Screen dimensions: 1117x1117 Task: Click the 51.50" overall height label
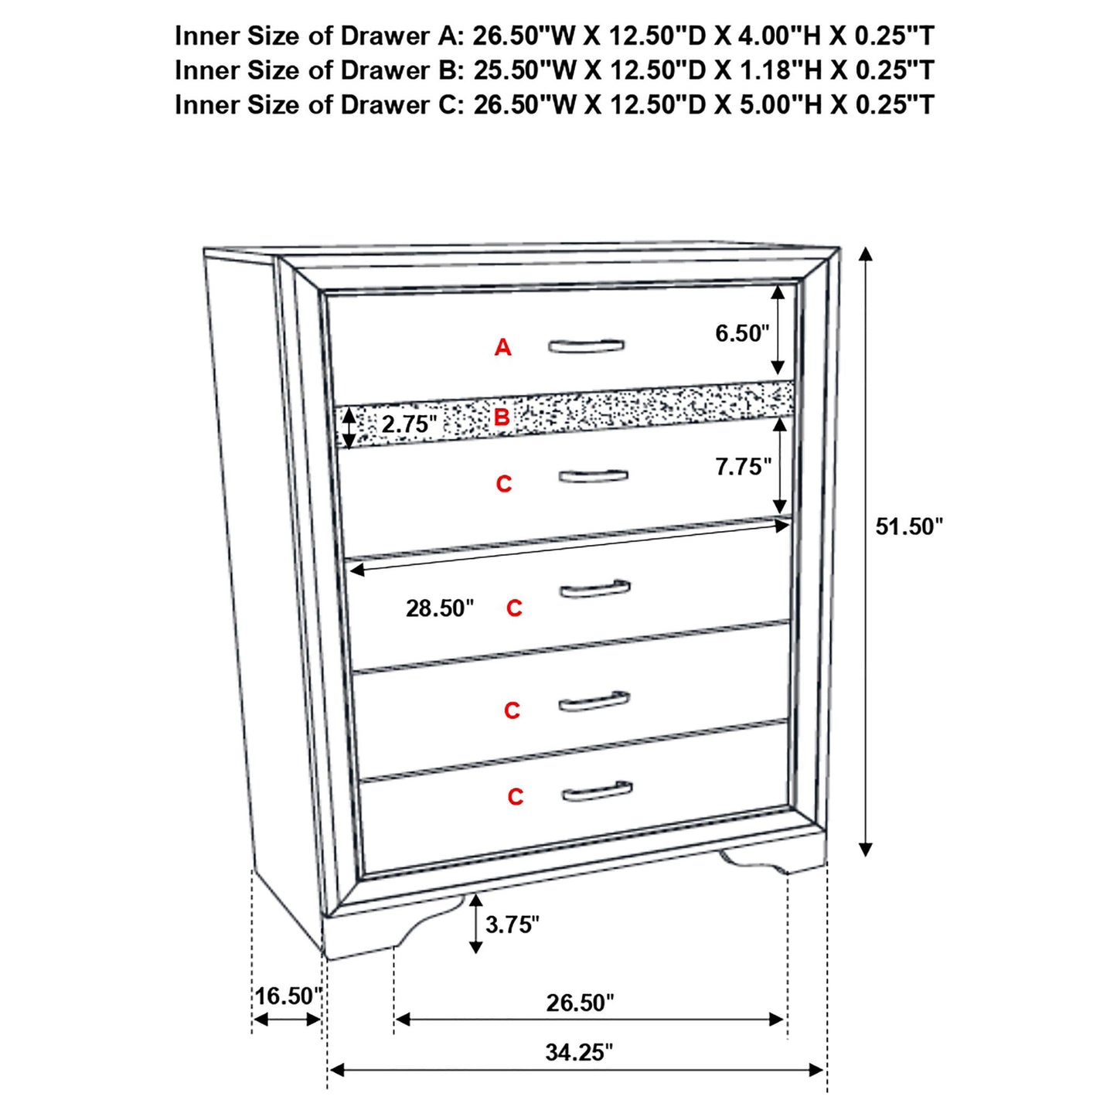[908, 527]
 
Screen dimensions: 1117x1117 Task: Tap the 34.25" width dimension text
[578, 1052]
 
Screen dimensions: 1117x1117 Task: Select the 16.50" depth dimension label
[288, 996]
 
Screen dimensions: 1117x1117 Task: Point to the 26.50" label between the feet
[580, 1003]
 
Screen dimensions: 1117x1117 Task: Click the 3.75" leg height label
[512, 925]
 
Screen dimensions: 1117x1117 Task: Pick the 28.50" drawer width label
[440, 608]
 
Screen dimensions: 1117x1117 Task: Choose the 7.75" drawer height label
[743, 467]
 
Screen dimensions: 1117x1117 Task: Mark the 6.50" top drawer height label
[742, 333]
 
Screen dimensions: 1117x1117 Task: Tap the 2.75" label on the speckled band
[409, 424]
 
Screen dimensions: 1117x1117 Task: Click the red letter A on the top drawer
[503, 348]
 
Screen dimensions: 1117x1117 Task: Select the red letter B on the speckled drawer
[502, 418]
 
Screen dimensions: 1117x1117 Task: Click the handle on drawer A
[586, 346]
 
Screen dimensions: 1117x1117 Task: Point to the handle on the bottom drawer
[597, 792]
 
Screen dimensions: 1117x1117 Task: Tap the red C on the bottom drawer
[516, 797]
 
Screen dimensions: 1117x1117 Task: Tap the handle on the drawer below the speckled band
[593, 475]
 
